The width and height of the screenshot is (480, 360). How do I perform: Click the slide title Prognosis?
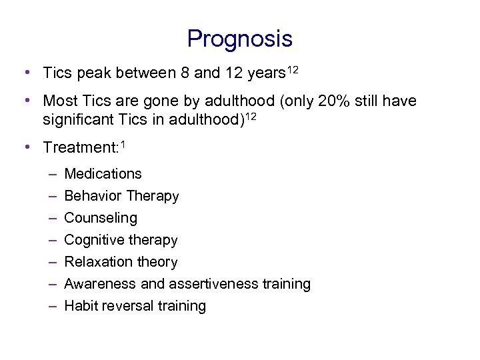pyautogui.click(x=239, y=39)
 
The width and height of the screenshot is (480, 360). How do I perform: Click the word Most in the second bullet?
pyautogui.click(x=59, y=101)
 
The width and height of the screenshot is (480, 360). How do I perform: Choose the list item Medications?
pyautogui.click(x=103, y=174)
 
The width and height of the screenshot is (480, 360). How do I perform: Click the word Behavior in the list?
pyautogui.click(x=91, y=196)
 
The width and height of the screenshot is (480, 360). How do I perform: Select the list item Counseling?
pyautogui.click(x=101, y=218)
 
